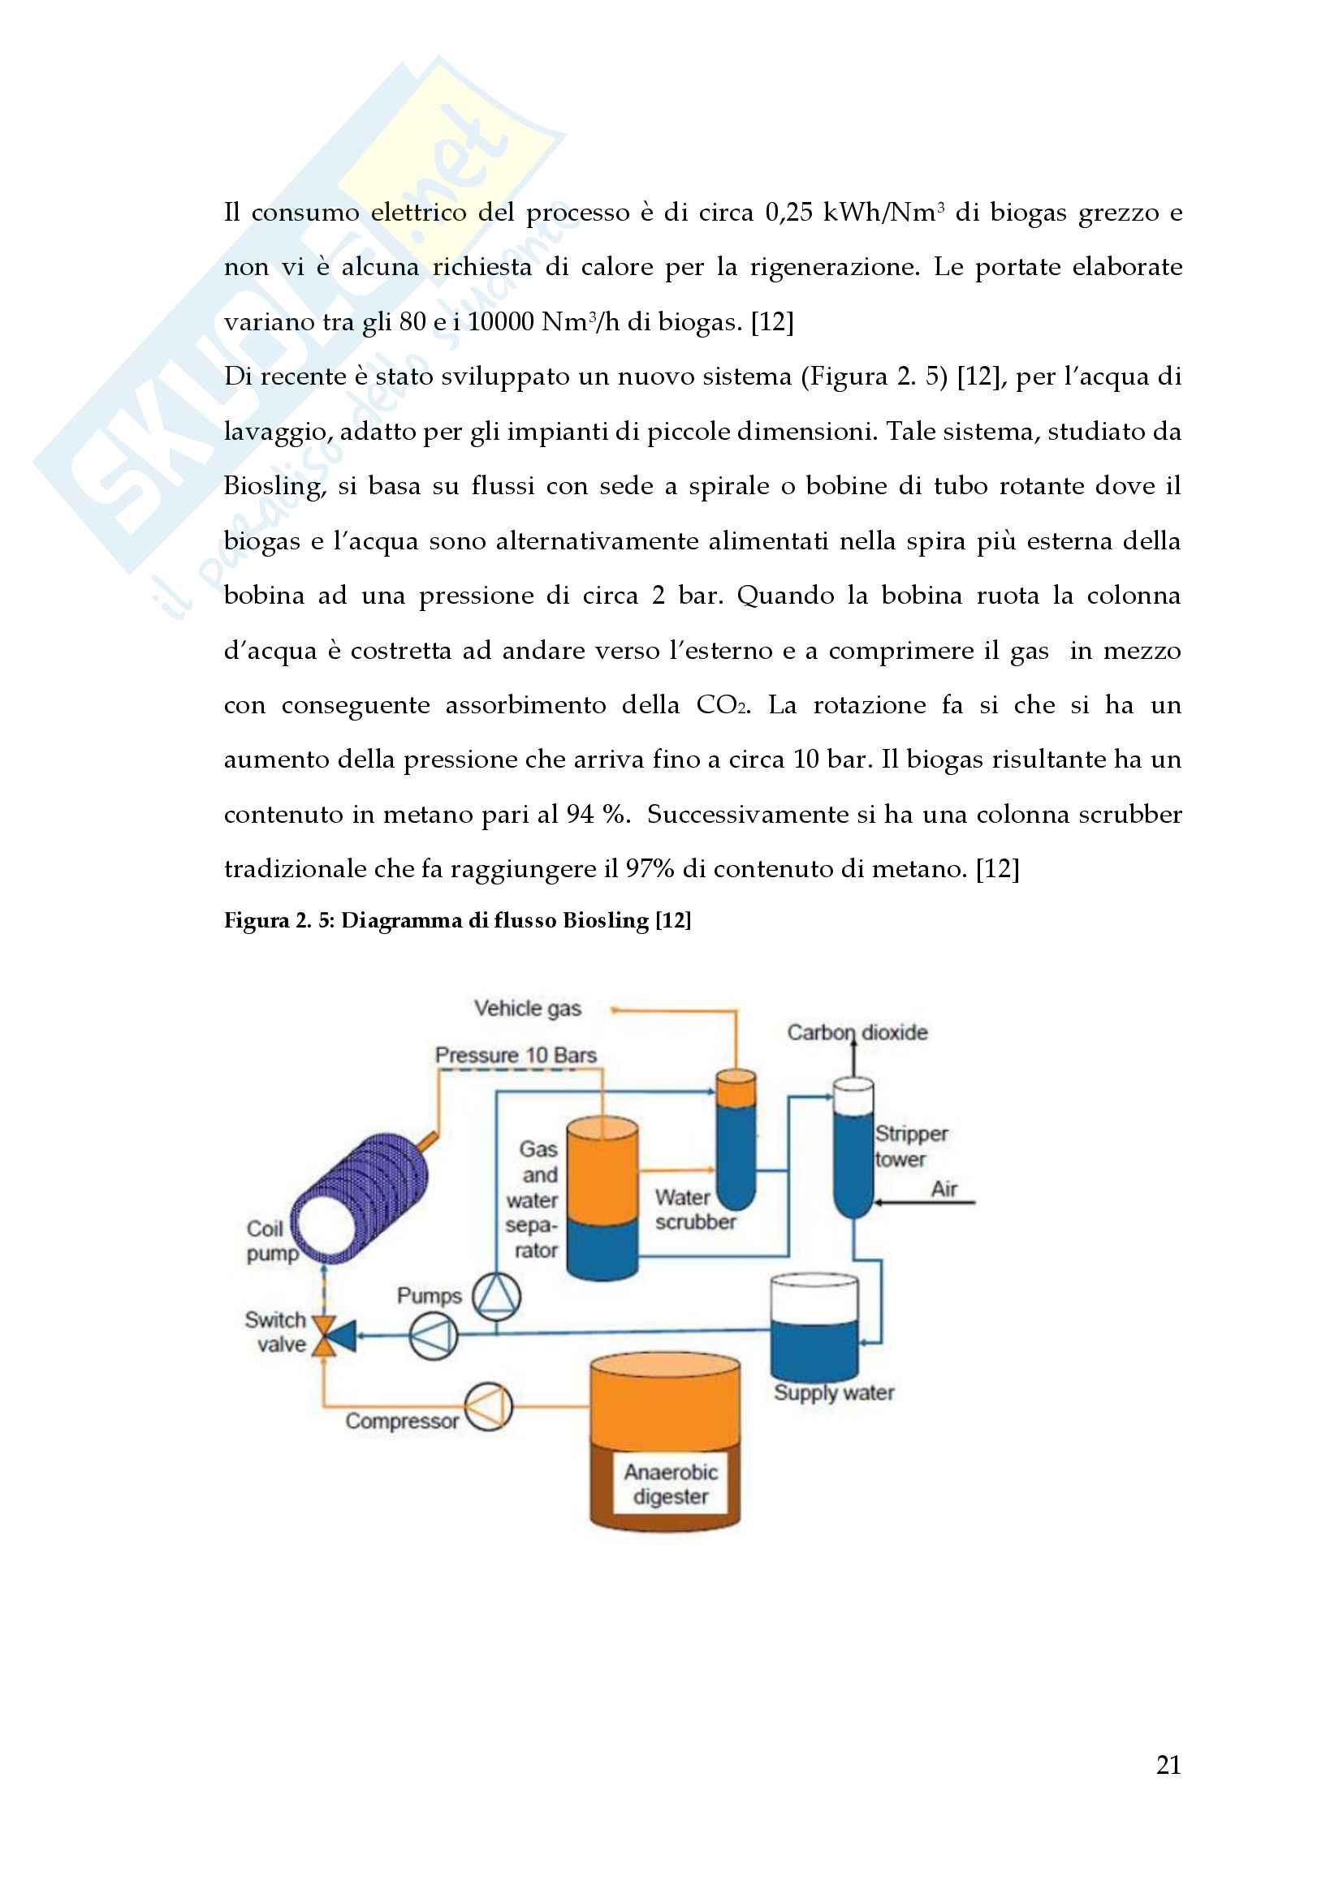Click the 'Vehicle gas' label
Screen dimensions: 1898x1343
[528, 1009]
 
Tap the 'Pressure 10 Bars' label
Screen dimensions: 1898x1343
[516, 1055]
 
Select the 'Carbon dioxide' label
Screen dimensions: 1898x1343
[857, 1032]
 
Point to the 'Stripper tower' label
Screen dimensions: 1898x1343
[910, 1146]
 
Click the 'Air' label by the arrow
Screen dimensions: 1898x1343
[944, 1189]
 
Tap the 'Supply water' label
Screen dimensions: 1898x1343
[834, 1392]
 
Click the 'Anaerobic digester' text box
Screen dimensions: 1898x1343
[671, 1484]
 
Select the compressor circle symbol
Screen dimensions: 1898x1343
[488, 1406]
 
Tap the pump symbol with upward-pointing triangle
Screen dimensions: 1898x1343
[496, 1295]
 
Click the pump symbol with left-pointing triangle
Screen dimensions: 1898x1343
[434, 1335]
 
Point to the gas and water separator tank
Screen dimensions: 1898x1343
[602, 1199]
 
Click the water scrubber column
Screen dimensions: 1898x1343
[735, 1141]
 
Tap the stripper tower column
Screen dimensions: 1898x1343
[853, 1149]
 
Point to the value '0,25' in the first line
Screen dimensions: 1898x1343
[788, 213]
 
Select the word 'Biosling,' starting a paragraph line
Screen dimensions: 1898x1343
[273, 486]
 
